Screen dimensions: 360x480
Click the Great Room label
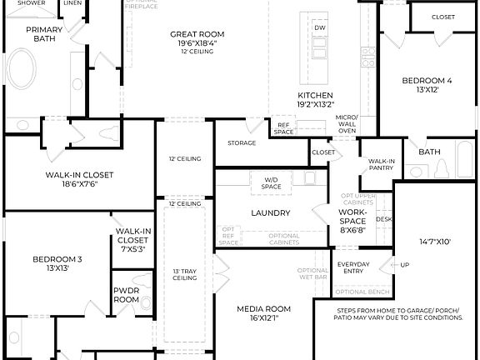pyautogui.click(x=197, y=34)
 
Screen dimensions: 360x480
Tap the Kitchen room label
pyautogui.click(x=316, y=96)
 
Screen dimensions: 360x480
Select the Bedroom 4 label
pyautogui.click(x=427, y=81)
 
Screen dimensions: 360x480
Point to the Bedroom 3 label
pyautogui.click(x=57, y=259)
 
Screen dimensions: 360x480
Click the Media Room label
pyautogui.click(x=263, y=308)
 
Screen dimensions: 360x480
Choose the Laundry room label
pyautogui.click(x=270, y=212)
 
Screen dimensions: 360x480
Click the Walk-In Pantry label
pyautogui.click(x=382, y=164)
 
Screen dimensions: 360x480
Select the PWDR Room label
pyautogui.click(x=126, y=294)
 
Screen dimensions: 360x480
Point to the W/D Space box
pyautogui.click(x=272, y=182)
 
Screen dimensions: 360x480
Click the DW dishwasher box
pyautogui.click(x=320, y=27)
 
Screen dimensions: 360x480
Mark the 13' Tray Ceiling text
pyautogui.click(x=184, y=275)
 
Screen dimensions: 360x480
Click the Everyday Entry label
pyautogui.click(x=353, y=268)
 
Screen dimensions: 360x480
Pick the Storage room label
pyautogui.click(x=242, y=142)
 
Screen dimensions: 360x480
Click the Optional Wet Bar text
pyautogui.click(x=312, y=275)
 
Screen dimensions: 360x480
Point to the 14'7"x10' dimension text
pyautogui.click(x=435, y=242)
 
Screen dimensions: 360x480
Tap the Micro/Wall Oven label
pyautogui.click(x=347, y=123)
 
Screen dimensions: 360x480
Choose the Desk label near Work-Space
pyautogui.click(x=383, y=219)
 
